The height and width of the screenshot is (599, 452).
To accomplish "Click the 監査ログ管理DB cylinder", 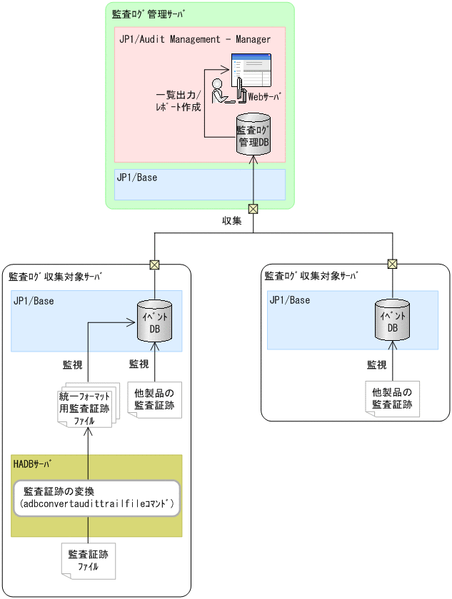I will (x=253, y=135).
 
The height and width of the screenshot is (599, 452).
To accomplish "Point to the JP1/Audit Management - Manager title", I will (x=195, y=39).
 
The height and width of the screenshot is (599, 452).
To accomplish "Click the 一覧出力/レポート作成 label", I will (x=179, y=101).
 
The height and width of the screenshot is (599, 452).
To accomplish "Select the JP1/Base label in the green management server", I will (x=136, y=177).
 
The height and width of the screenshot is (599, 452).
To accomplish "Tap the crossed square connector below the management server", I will (x=253, y=209).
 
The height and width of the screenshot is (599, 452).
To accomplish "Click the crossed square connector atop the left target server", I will (x=154, y=265).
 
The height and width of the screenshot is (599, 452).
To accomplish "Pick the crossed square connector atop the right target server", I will (x=391, y=265).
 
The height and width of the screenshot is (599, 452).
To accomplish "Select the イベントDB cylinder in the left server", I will (x=154, y=322).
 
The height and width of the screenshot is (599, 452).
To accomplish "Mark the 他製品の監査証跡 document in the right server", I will (x=391, y=399).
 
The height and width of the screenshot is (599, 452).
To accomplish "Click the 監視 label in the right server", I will (x=376, y=364).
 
